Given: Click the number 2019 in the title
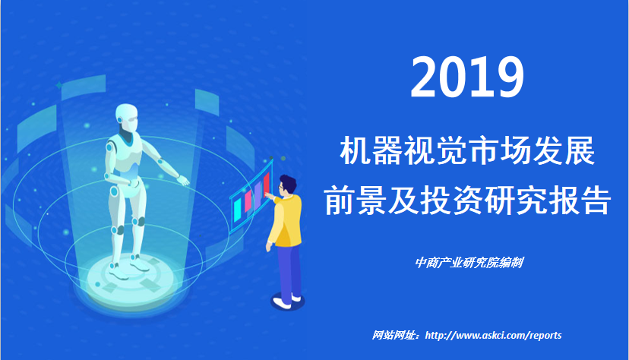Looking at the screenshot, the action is pos(467,77).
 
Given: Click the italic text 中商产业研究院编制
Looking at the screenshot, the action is pos(469,263).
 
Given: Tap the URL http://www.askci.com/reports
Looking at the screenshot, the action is pos(494,335).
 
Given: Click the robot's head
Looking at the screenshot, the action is pos(126,118).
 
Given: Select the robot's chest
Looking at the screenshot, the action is pos(125,154).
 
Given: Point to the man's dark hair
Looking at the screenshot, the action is pos(288,183).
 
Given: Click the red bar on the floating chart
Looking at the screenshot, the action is pos(267,183).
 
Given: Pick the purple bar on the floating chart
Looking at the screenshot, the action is pos(258,193).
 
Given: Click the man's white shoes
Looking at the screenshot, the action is pos(286,301).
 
